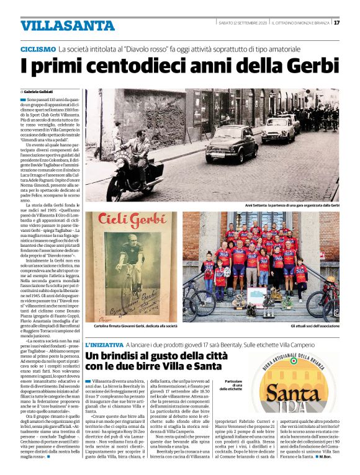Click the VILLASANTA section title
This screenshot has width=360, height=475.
point(58,25)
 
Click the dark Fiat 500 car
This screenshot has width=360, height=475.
point(231,144)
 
